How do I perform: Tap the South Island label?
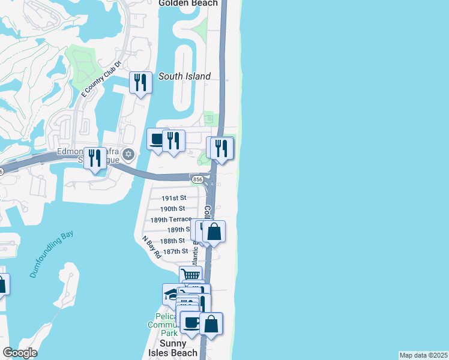click(x=184, y=76)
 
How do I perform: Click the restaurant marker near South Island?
click(x=140, y=82)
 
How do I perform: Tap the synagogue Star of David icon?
click(x=127, y=155)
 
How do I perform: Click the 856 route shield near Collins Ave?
click(x=196, y=179)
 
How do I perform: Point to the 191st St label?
click(x=174, y=198)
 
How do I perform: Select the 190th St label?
click(x=172, y=209)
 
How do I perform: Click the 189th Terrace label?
click(x=172, y=219)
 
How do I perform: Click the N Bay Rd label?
click(x=152, y=246)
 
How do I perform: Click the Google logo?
click(x=20, y=353)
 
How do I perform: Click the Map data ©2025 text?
click(x=424, y=355)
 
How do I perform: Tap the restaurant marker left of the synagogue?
click(x=95, y=158)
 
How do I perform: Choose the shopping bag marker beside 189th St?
click(x=214, y=231)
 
